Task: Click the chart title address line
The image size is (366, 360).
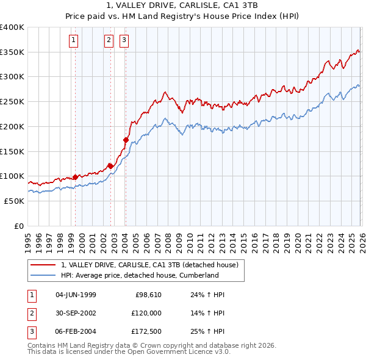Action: point(182,5)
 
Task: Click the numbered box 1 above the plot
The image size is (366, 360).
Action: point(74,41)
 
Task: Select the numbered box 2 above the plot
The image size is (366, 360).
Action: point(109,41)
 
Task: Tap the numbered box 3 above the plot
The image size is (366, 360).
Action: point(124,41)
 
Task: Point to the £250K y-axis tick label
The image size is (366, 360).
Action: point(12,102)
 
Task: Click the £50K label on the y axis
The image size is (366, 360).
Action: point(14,201)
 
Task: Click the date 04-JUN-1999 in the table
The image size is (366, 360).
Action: point(76,295)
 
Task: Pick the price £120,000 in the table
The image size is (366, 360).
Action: point(146,312)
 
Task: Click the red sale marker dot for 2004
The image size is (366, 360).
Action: point(126,140)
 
